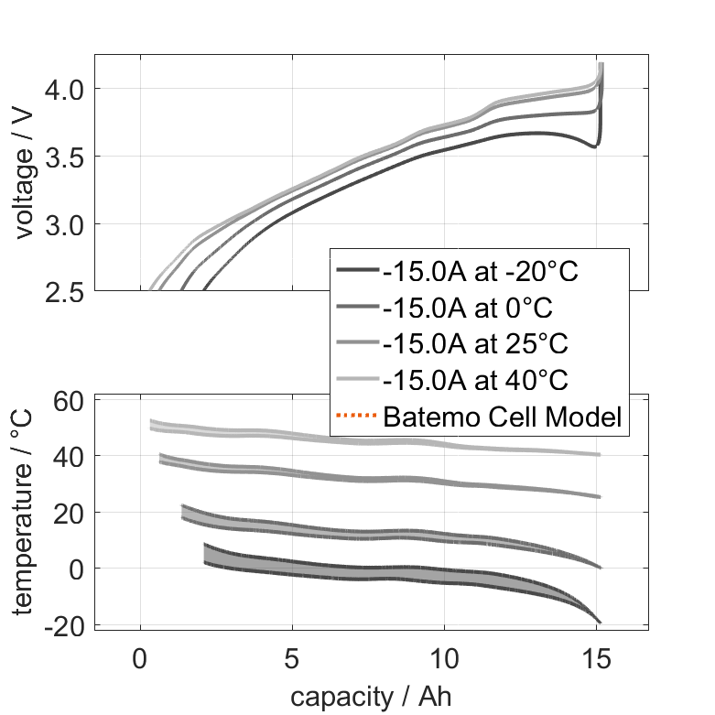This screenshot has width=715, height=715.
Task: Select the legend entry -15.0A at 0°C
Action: pyautogui.click(x=468, y=308)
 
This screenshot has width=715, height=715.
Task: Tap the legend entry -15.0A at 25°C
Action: pyautogui.click(x=475, y=344)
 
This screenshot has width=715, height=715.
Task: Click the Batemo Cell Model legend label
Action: pyautogui.click(x=503, y=417)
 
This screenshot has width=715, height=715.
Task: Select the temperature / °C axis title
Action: pyautogui.click(x=25, y=512)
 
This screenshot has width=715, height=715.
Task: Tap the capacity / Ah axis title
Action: pyautogui.click(x=371, y=696)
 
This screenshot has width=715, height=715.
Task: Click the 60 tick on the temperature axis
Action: pyautogui.click(x=70, y=400)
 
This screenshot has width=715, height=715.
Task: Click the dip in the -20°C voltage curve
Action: pyautogui.click(x=594, y=145)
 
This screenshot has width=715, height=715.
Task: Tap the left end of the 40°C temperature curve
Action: pyautogui.click(x=152, y=424)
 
